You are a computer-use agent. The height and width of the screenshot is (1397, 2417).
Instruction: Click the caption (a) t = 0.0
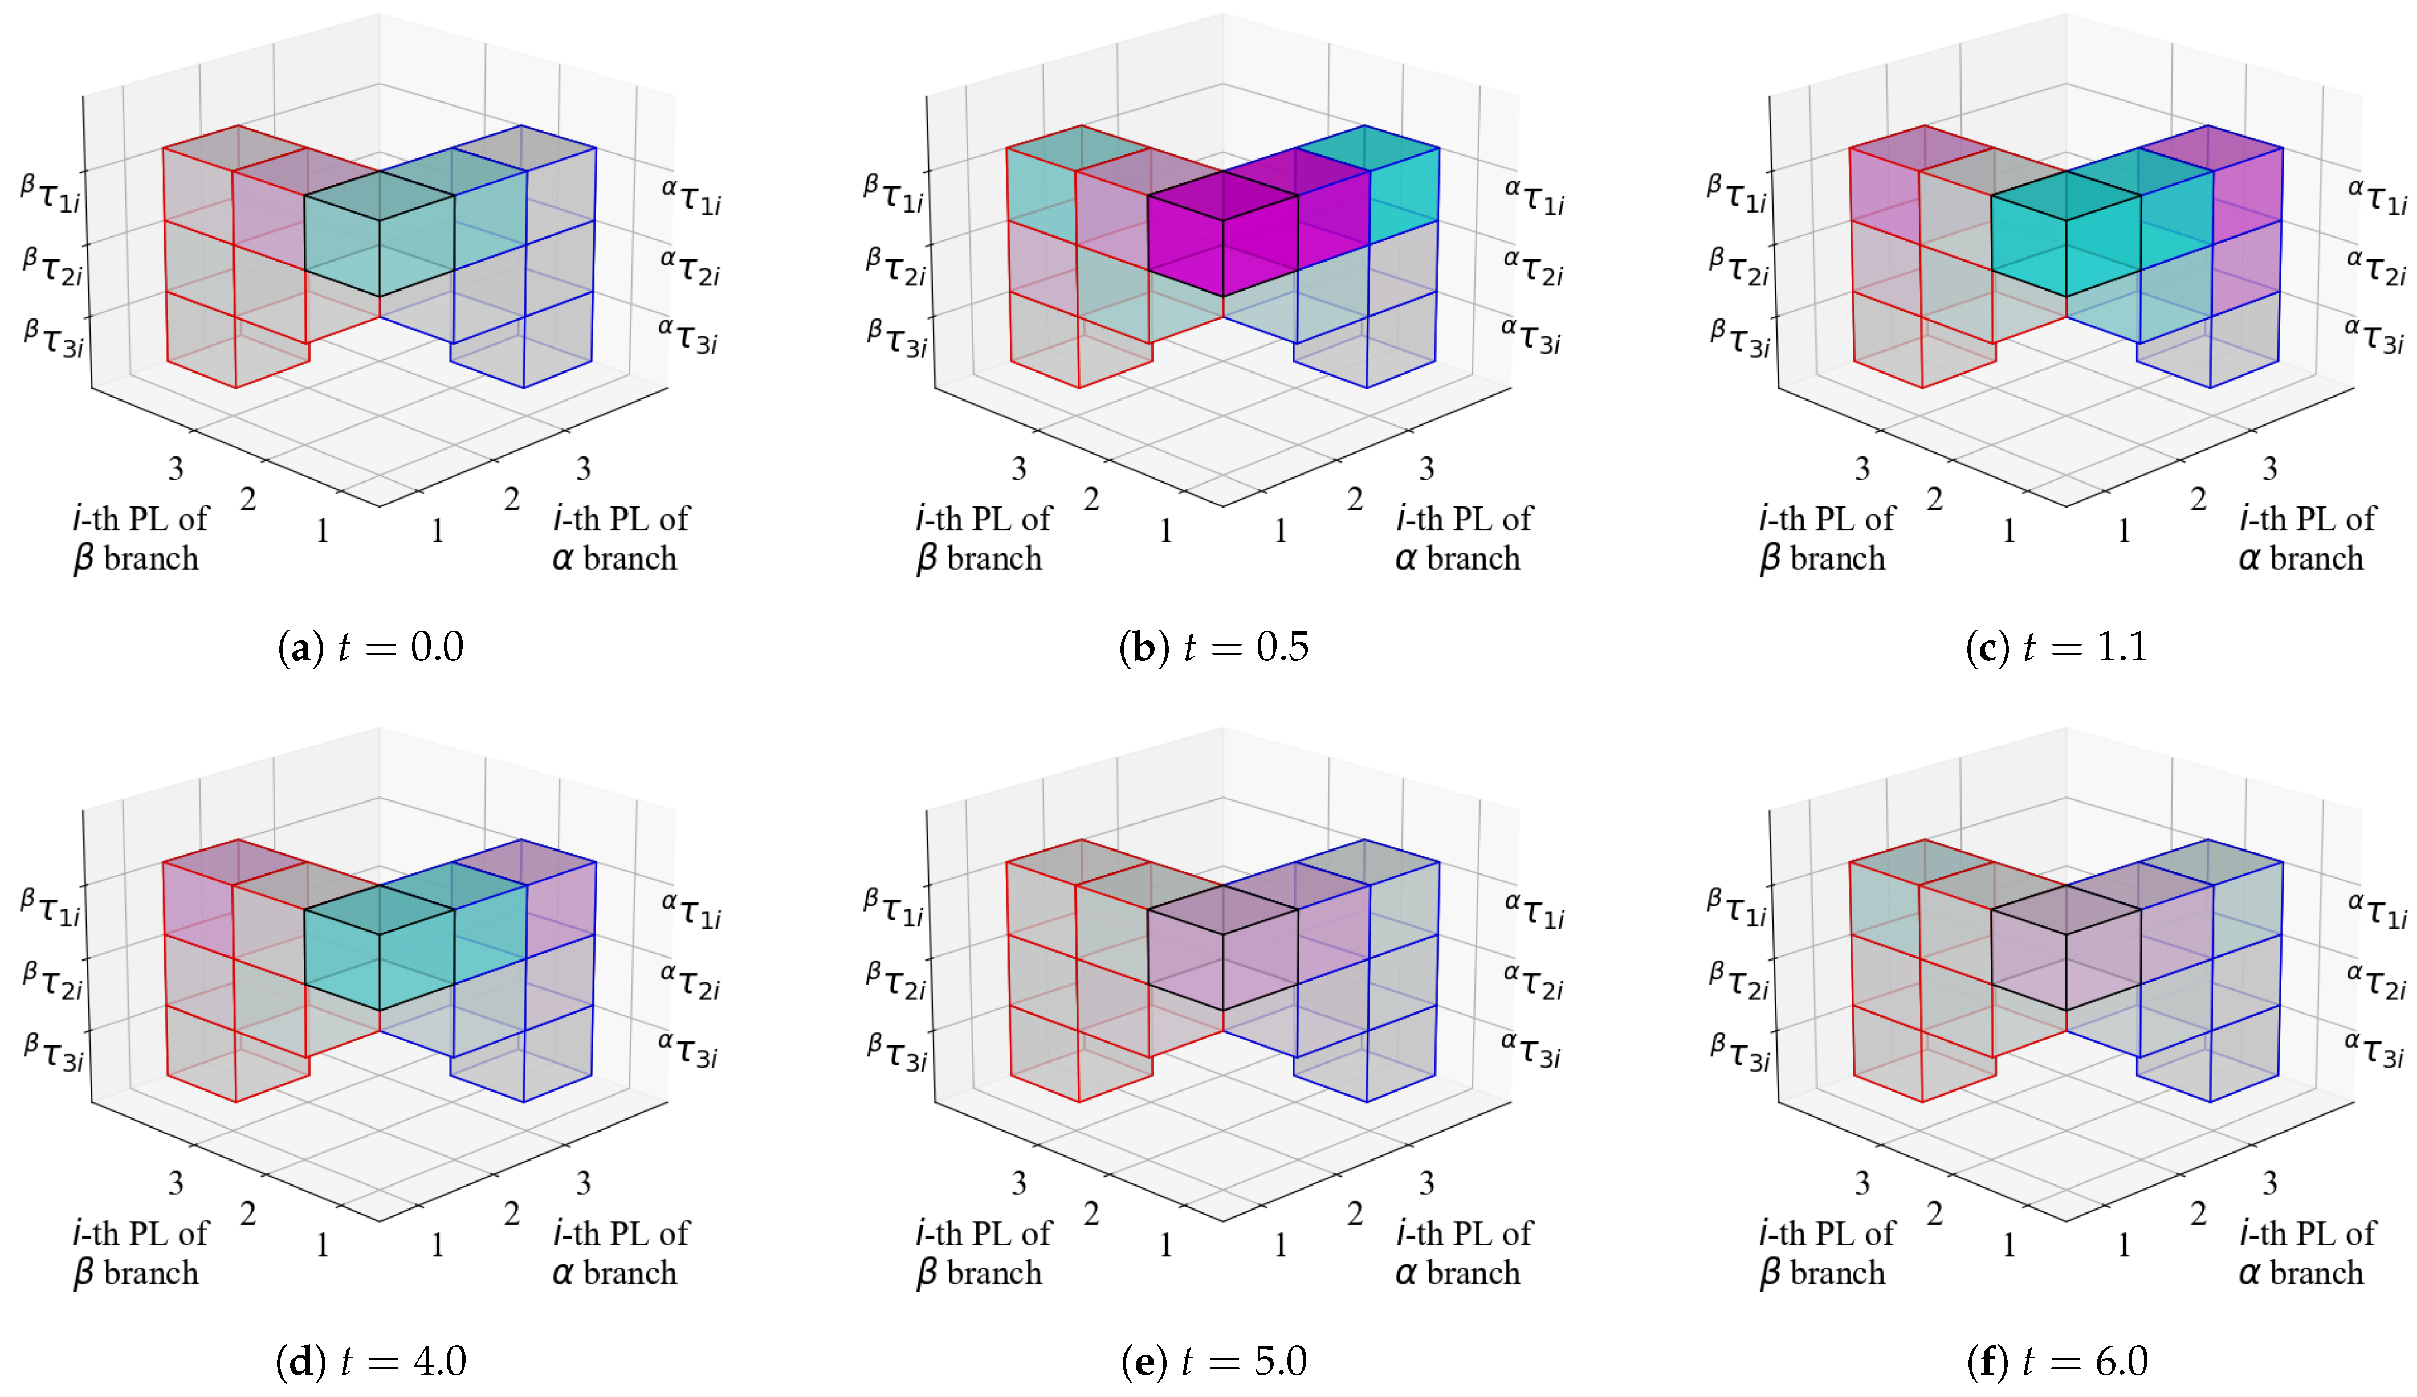pyautogui.click(x=370, y=647)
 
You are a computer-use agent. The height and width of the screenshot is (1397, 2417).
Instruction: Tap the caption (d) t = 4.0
pyautogui.click(x=370, y=1362)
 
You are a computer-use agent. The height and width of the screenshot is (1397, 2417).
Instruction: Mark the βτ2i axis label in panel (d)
pyautogui.click(x=53, y=980)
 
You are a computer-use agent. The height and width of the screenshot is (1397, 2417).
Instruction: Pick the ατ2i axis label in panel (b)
pyautogui.click(x=1532, y=268)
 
